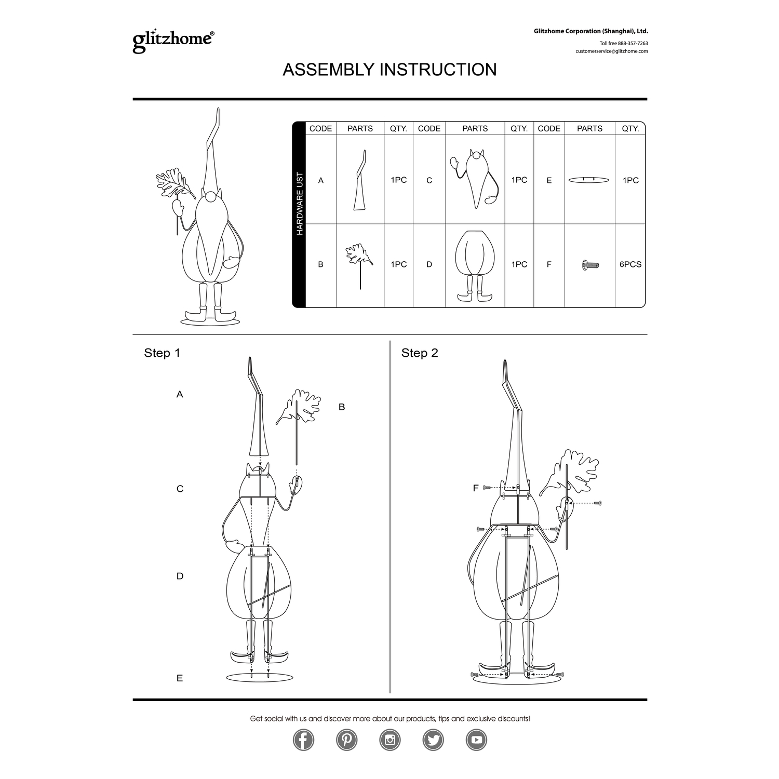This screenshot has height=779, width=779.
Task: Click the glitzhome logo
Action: tap(173, 41)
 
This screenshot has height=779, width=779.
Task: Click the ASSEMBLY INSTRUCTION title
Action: tap(389, 70)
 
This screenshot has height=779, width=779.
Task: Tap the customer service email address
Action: tap(611, 51)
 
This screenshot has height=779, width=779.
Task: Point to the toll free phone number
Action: tap(624, 44)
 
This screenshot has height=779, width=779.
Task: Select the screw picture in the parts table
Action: tap(590, 265)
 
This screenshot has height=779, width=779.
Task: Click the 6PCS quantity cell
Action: tap(630, 264)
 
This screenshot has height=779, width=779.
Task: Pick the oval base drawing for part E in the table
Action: tap(589, 180)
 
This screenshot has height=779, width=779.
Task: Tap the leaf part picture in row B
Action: tap(360, 265)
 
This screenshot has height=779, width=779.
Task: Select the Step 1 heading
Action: tap(162, 353)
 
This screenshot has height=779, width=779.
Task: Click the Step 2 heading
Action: tap(420, 353)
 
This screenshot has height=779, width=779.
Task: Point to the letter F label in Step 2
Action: tap(475, 488)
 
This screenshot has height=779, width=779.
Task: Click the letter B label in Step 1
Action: tap(342, 407)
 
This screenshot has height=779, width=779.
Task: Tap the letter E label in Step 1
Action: tap(180, 678)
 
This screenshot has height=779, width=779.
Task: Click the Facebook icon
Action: tap(303, 740)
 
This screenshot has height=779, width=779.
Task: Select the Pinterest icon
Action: tap(346, 740)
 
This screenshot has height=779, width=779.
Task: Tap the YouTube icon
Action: tap(476, 740)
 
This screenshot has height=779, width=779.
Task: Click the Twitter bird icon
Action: tap(433, 740)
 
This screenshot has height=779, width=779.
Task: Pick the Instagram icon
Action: tap(390, 740)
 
